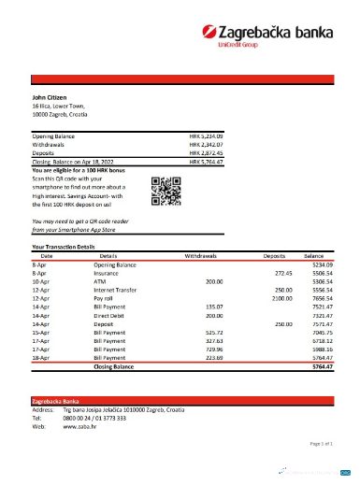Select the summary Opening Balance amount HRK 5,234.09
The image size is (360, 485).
coord(207,136)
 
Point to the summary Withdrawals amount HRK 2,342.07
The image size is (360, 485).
coord(207,145)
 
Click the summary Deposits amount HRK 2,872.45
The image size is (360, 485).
coord(207,153)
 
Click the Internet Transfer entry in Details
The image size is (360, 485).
coord(117,289)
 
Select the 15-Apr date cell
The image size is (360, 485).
coord(40,332)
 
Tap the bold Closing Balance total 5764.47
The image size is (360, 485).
coord(322,366)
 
